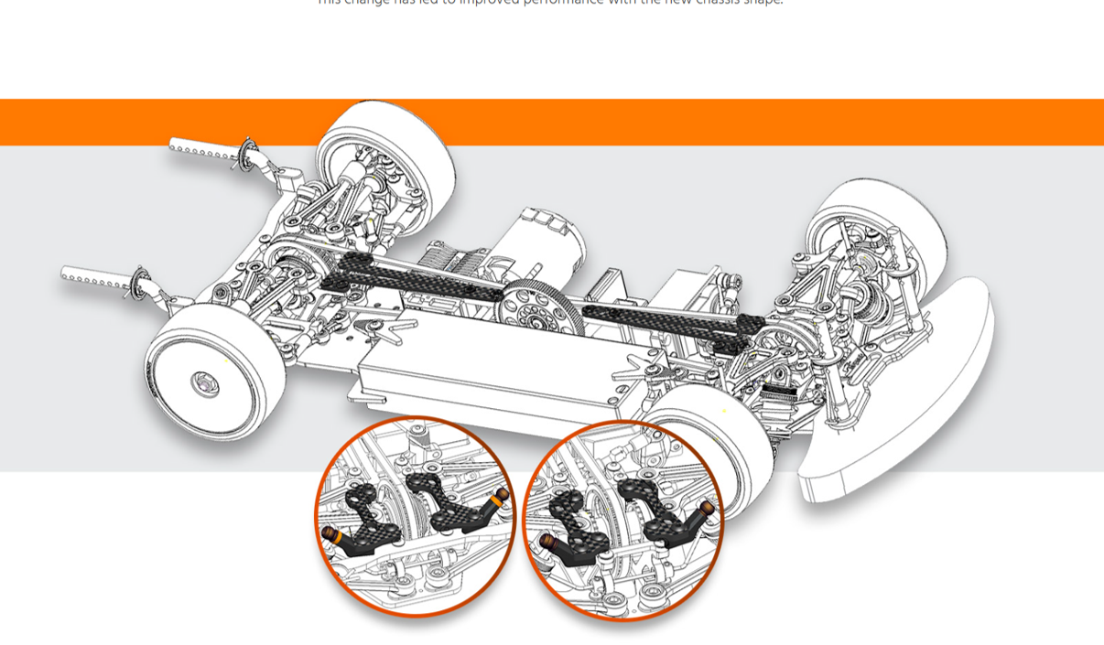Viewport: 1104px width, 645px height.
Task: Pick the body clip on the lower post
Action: [x=140, y=283]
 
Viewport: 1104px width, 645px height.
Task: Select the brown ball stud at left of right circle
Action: [x=549, y=543]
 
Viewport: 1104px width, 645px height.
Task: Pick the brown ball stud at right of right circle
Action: [x=709, y=507]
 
